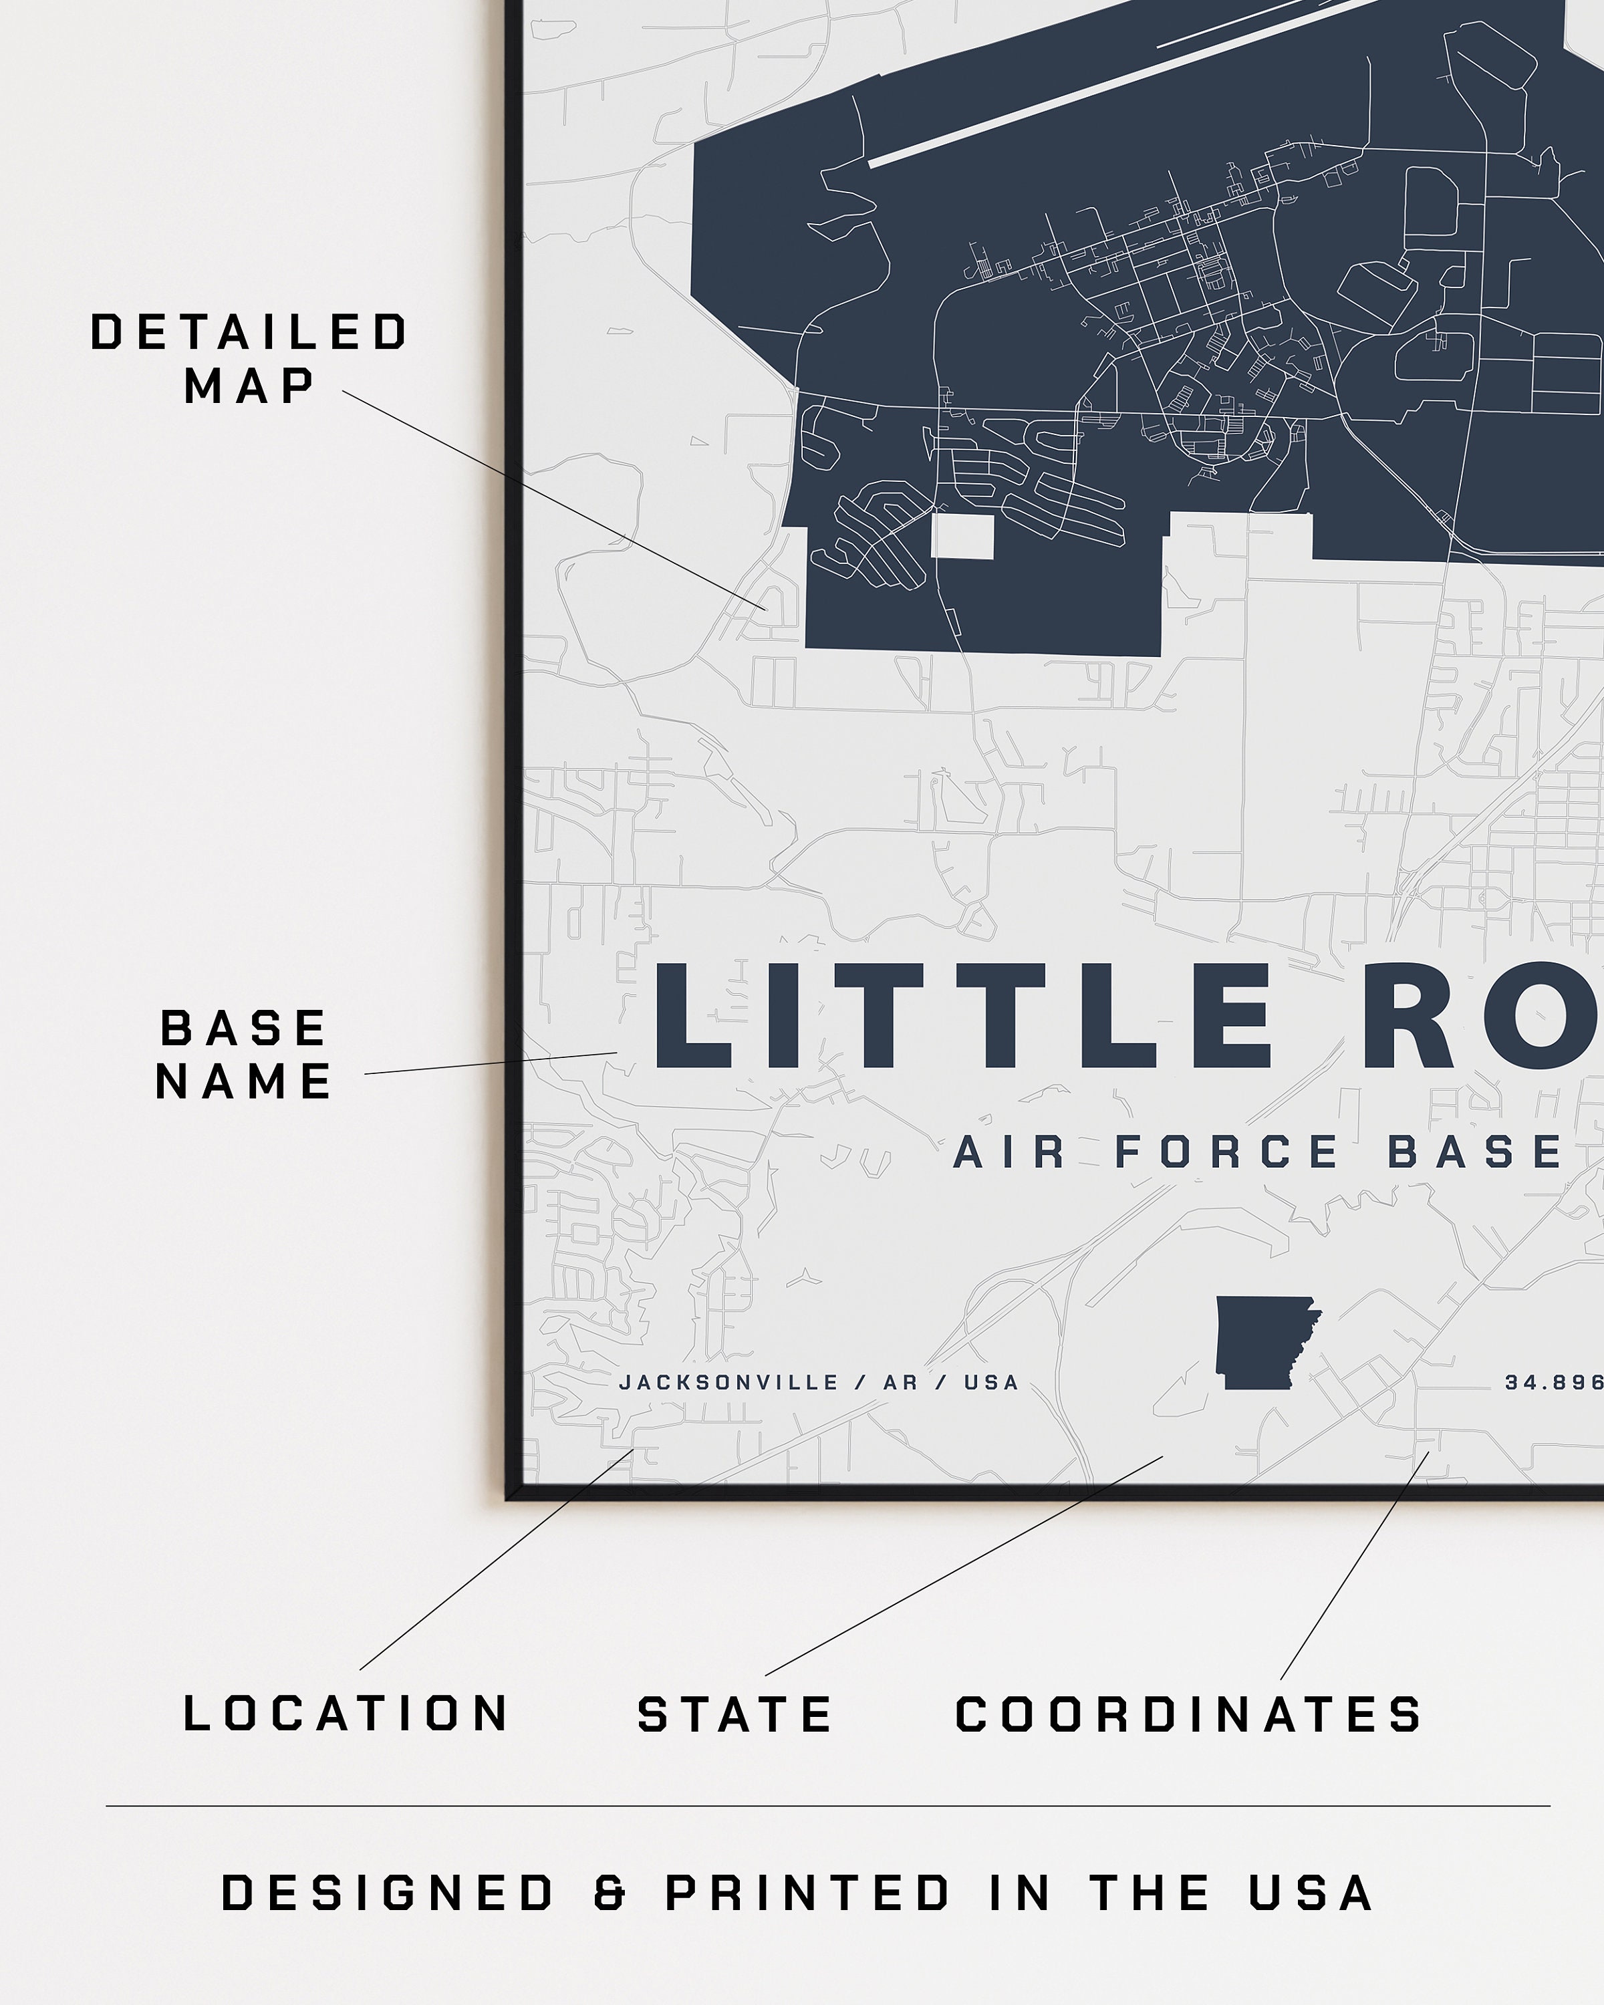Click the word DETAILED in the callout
(x=249, y=333)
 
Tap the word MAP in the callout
(x=249, y=386)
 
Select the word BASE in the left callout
(x=244, y=1029)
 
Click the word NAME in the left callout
(x=244, y=1081)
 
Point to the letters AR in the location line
(x=900, y=1383)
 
